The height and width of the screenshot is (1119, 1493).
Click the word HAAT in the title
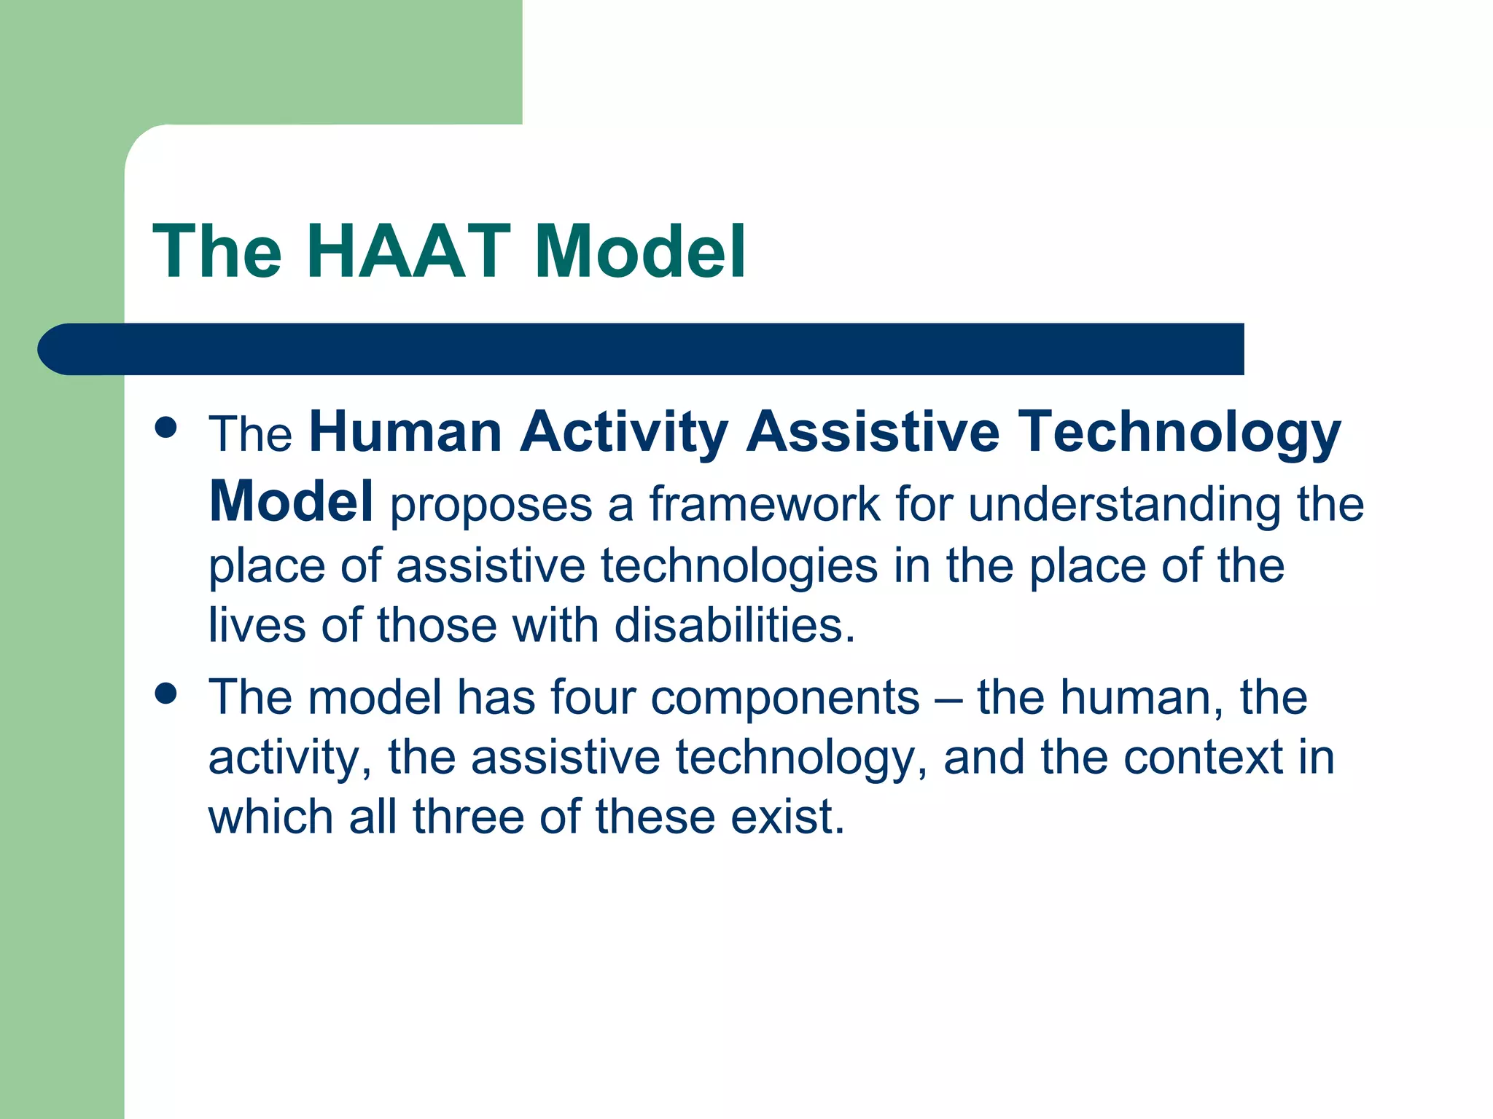click(x=408, y=252)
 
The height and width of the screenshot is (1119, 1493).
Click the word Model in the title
click(x=639, y=252)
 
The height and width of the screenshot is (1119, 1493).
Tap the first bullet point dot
click(x=166, y=428)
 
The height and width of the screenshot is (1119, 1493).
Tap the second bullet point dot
click(x=166, y=693)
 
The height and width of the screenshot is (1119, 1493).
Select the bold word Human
click(x=405, y=432)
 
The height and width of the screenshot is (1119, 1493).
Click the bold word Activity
click(x=623, y=432)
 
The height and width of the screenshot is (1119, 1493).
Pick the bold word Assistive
click(x=873, y=432)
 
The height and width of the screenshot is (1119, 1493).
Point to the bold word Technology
click(x=1179, y=432)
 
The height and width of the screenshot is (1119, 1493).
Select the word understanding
click(x=1124, y=504)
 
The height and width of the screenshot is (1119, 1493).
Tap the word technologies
click(x=738, y=566)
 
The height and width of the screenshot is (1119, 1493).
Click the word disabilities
click(x=734, y=625)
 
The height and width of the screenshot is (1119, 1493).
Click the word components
click(x=785, y=697)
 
